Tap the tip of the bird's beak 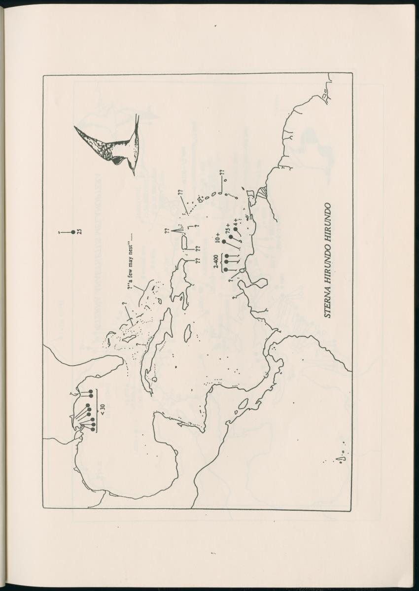pos(133,174)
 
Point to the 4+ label pos(237,223)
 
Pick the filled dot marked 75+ pos(231,237)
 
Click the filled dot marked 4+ pos(236,228)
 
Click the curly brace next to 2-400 pos(222,262)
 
